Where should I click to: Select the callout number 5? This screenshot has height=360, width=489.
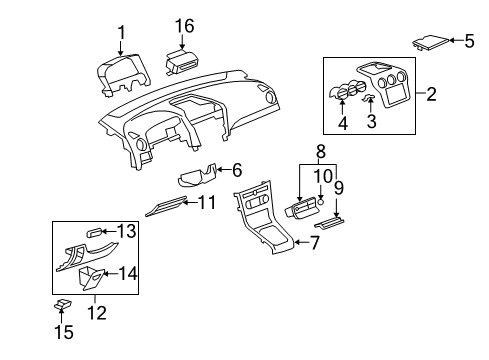(468, 41)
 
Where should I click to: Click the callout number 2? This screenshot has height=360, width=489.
(432, 95)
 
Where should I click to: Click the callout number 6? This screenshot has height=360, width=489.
(237, 171)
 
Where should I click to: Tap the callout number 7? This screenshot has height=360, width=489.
(314, 241)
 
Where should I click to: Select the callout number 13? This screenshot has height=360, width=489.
(125, 231)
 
